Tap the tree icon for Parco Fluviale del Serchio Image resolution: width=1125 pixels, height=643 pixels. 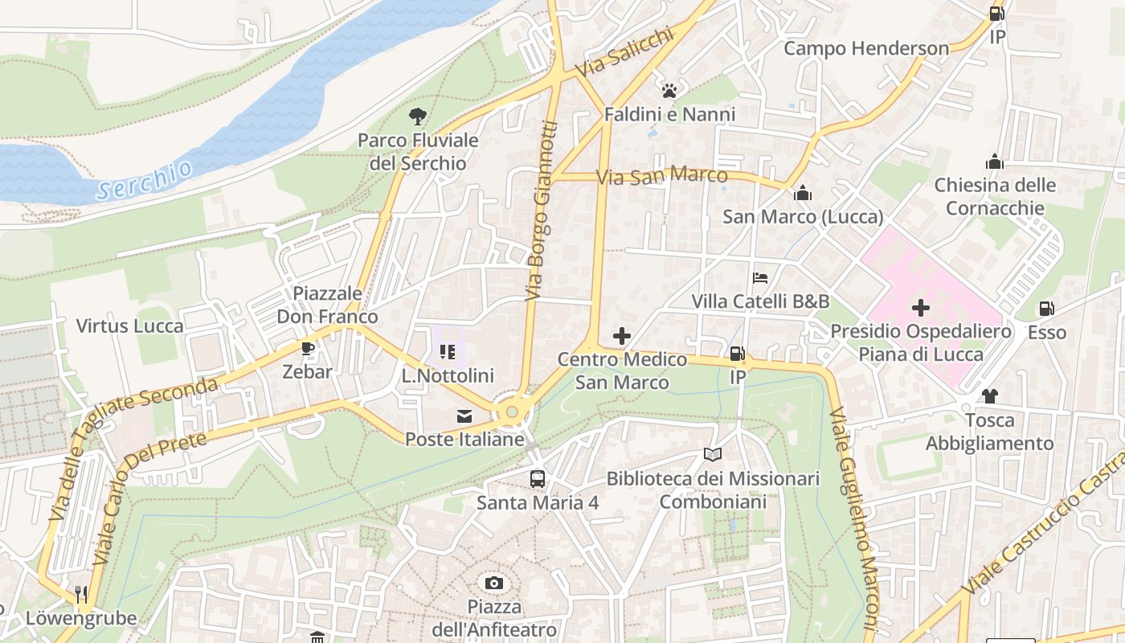[417, 117]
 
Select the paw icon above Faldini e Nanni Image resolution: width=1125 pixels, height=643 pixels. [669, 90]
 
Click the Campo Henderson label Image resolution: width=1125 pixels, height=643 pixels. [866, 48]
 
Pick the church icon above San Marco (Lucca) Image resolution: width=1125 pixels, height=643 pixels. [802, 193]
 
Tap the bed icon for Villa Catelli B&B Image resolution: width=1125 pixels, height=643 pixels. [760, 278]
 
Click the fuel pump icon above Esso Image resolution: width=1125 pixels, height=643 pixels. [1046, 309]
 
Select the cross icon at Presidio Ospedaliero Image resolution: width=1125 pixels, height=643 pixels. [921, 308]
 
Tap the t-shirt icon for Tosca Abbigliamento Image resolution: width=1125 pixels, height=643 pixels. [989, 396]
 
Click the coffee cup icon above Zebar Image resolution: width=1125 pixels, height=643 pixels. [307, 348]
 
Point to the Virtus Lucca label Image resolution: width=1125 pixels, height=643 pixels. [129, 326]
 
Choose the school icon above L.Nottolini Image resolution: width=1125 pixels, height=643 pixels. [448, 351]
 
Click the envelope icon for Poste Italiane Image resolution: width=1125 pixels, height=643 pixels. [464, 416]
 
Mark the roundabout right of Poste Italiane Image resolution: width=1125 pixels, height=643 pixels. [512, 412]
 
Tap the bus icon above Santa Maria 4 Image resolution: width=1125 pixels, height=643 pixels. [537, 479]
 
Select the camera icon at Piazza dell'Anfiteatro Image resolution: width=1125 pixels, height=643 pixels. [493, 583]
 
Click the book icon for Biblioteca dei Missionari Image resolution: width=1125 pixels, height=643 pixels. [712, 455]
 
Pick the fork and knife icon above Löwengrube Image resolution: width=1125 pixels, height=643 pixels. [80, 595]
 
